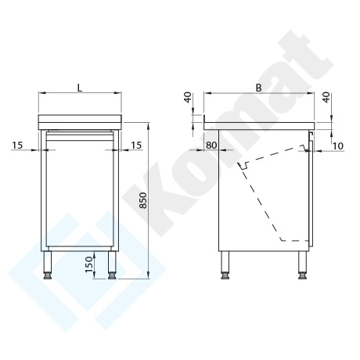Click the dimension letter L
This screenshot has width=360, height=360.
[x=80, y=88]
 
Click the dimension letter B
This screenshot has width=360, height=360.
[x=258, y=88]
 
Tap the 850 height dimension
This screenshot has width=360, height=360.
[x=143, y=200]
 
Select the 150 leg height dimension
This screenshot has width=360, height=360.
[x=89, y=265]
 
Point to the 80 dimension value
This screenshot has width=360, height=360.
[x=211, y=145]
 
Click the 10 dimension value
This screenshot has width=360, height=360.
[x=338, y=146]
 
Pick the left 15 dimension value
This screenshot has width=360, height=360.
[x=17, y=145]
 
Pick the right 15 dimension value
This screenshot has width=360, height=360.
[x=136, y=145]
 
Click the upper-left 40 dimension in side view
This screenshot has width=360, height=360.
[x=188, y=97]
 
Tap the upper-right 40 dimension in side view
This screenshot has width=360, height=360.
[x=326, y=97]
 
